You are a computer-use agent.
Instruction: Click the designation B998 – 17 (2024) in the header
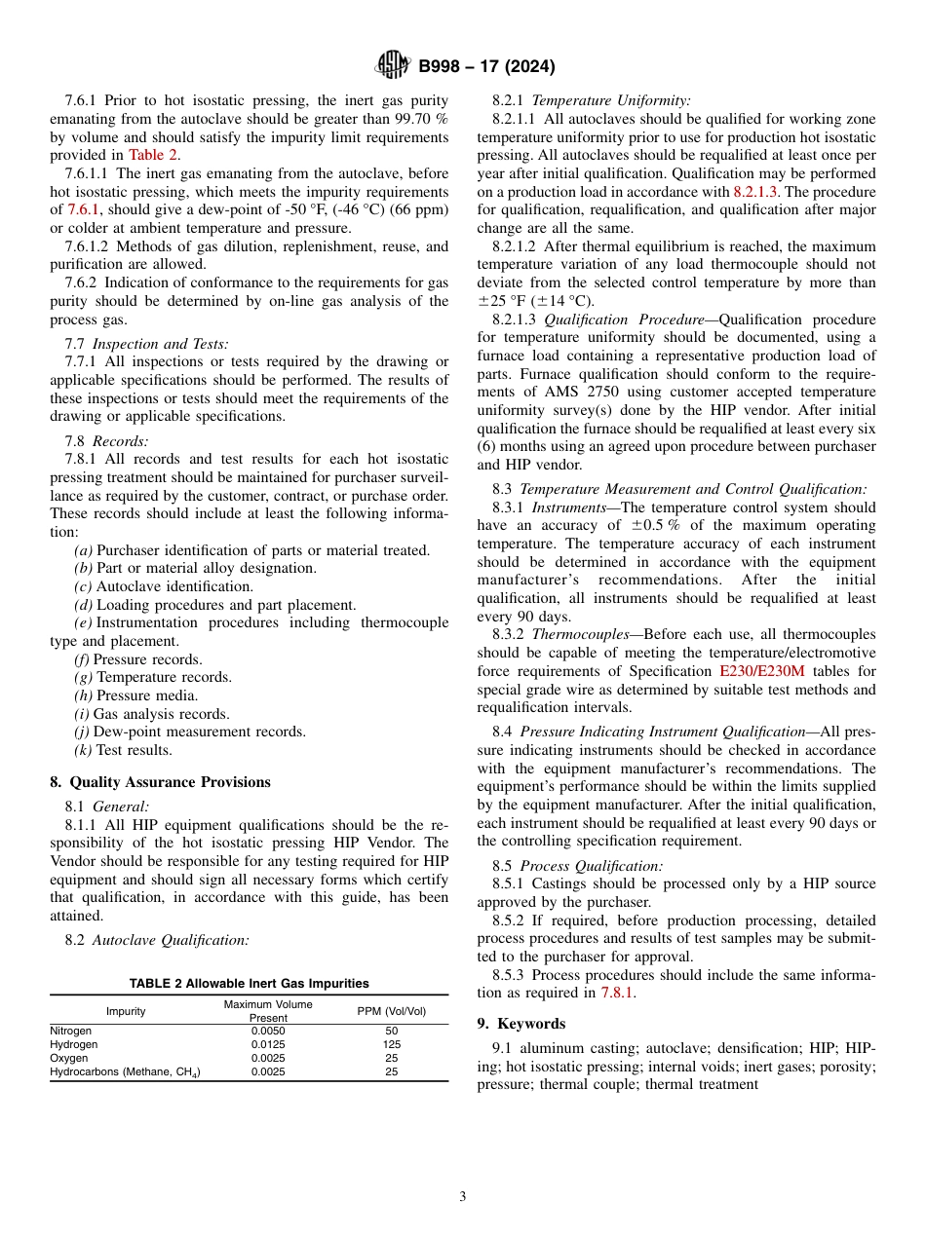(x=486, y=66)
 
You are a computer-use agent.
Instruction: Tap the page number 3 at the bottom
(x=463, y=1196)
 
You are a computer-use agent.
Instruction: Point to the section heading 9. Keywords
(x=521, y=1024)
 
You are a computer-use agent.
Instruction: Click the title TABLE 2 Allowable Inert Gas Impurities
(x=250, y=984)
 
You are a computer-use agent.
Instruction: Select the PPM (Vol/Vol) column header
(x=392, y=1011)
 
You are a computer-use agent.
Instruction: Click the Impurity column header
(x=126, y=1011)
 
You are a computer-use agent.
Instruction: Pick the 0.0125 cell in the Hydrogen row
(x=268, y=1044)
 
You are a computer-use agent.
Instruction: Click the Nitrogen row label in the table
(x=71, y=1031)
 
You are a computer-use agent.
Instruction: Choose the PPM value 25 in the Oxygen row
(x=392, y=1058)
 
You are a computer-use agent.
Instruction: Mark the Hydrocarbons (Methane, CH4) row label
(x=126, y=1072)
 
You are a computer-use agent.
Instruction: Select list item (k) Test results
(x=123, y=750)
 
